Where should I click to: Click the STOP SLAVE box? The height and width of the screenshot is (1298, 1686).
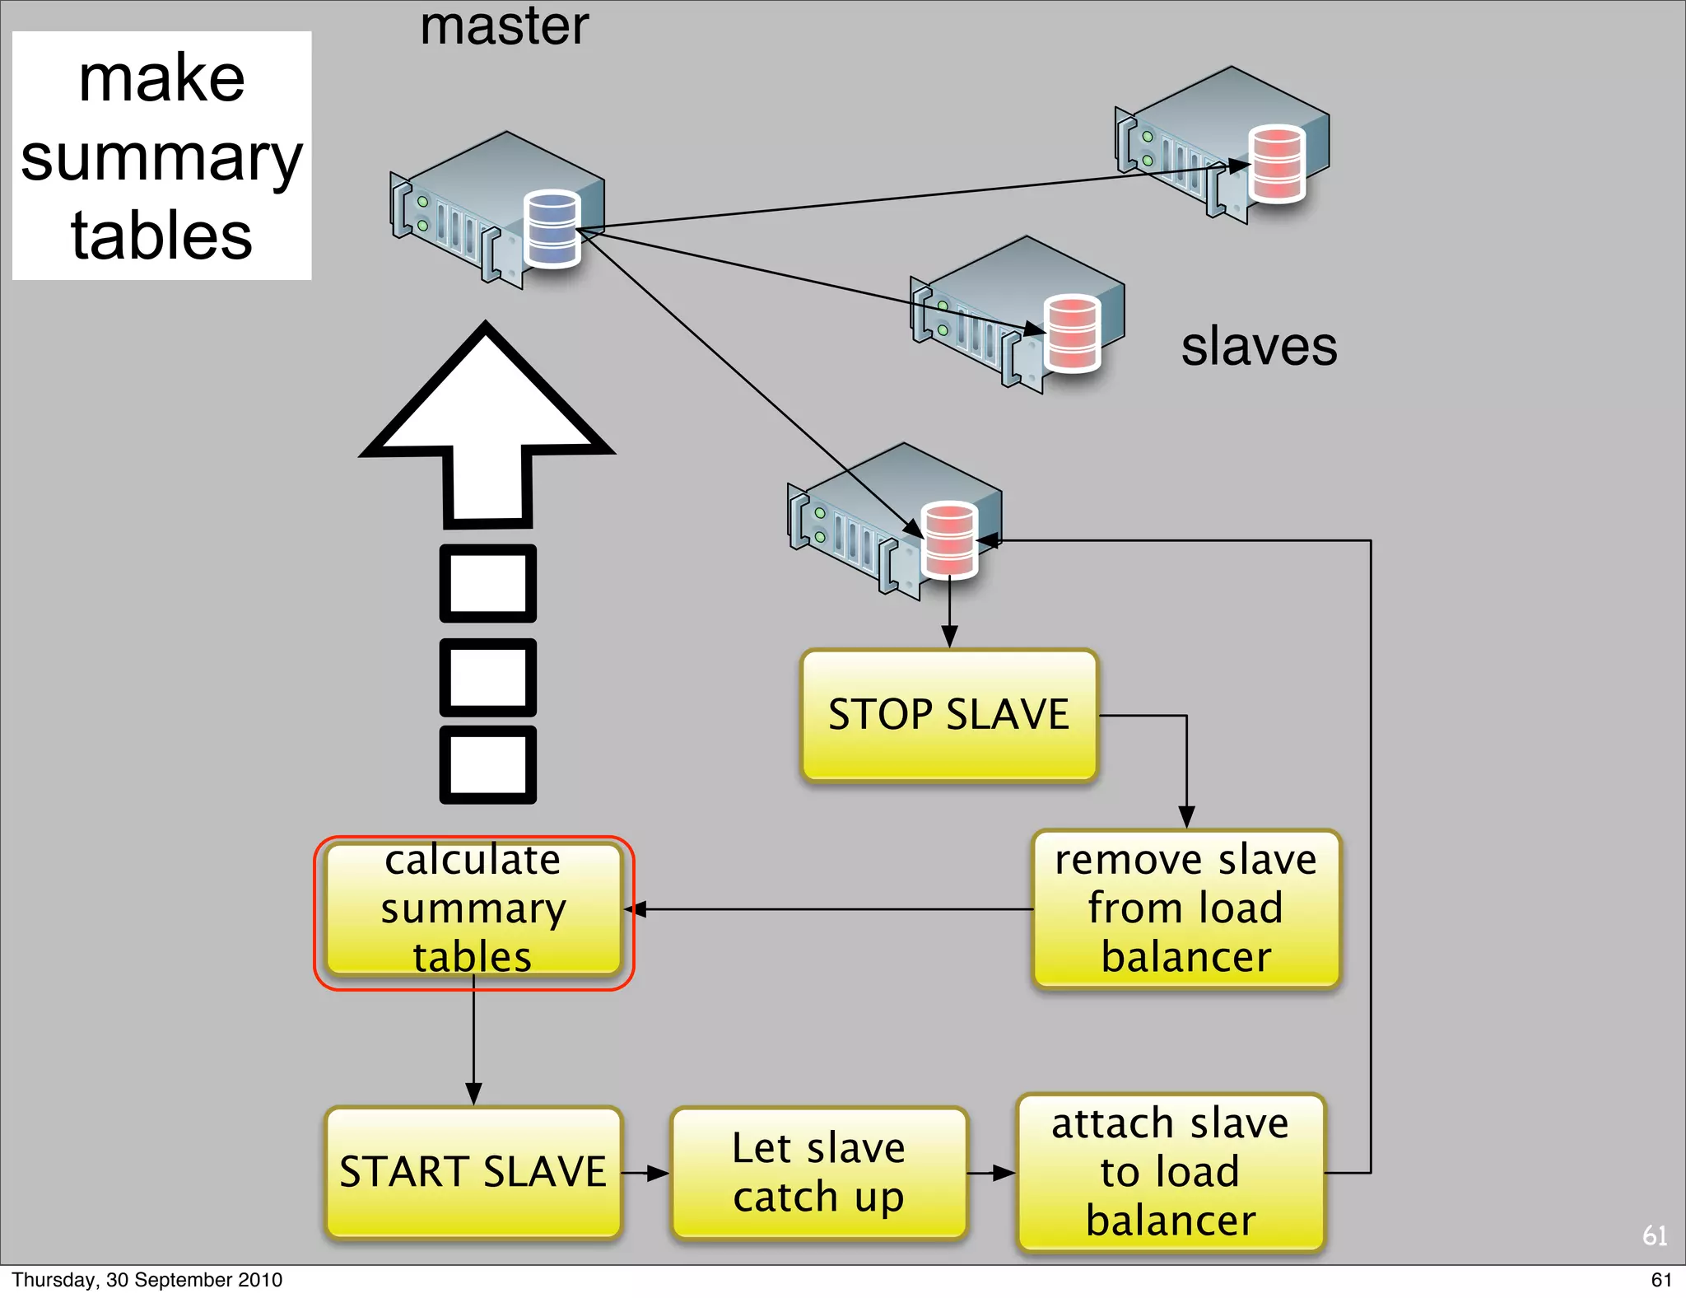coord(948,715)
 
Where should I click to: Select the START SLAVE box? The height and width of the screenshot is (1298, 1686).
coord(473,1171)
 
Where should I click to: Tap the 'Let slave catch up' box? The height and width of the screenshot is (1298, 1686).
coord(818,1172)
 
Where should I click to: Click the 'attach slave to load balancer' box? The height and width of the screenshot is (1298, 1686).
coord(1170,1172)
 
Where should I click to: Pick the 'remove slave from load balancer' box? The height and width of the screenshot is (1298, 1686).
coord(1185,908)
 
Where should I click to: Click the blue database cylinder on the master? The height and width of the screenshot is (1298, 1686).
coord(552,229)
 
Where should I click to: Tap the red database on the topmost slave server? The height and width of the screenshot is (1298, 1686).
coord(1276,164)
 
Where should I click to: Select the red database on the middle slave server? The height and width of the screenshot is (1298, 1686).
coord(1072,334)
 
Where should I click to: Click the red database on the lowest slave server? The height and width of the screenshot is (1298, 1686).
coord(950,539)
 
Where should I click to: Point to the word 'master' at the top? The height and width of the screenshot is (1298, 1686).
coord(504,26)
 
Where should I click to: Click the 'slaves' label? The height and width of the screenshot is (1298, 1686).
coord(1258,347)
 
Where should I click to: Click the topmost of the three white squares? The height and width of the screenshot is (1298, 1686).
coord(488,583)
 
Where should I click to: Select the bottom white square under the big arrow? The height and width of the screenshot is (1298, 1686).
coord(488,764)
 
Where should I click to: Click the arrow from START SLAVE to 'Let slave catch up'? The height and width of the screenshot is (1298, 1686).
coord(645,1173)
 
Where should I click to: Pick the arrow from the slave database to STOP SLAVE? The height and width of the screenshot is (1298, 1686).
coord(949,614)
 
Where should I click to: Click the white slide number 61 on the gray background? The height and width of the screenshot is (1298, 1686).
coord(1654,1235)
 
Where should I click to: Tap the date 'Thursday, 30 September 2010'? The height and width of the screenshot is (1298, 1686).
coord(147,1280)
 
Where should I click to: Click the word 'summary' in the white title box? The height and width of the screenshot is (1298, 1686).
coord(161,158)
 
